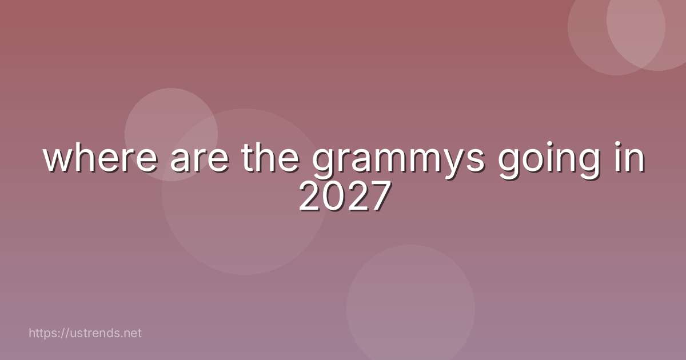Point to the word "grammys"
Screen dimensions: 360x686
point(398,161)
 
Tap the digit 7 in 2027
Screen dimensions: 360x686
point(378,198)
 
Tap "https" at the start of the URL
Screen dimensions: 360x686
point(42,333)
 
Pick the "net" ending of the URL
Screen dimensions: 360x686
point(131,333)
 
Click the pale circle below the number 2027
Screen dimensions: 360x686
point(410,309)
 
